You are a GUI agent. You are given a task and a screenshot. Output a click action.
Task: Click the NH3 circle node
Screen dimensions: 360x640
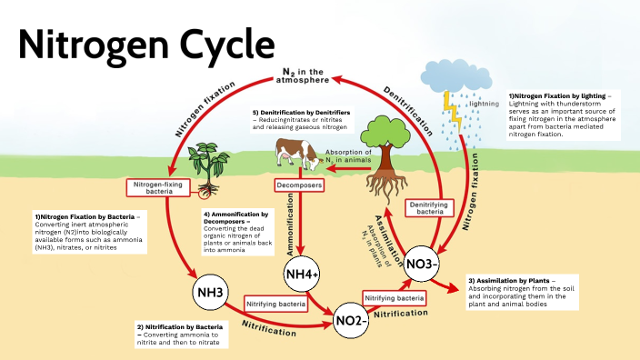tap(209, 293)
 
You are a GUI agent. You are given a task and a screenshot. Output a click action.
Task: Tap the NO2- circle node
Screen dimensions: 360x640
tap(350, 320)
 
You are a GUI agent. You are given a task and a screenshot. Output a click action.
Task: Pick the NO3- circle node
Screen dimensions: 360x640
tap(422, 263)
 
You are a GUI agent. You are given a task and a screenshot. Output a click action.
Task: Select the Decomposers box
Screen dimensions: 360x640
tap(299, 185)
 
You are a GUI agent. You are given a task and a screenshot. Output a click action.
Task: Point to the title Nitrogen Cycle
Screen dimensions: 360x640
tap(145, 43)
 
